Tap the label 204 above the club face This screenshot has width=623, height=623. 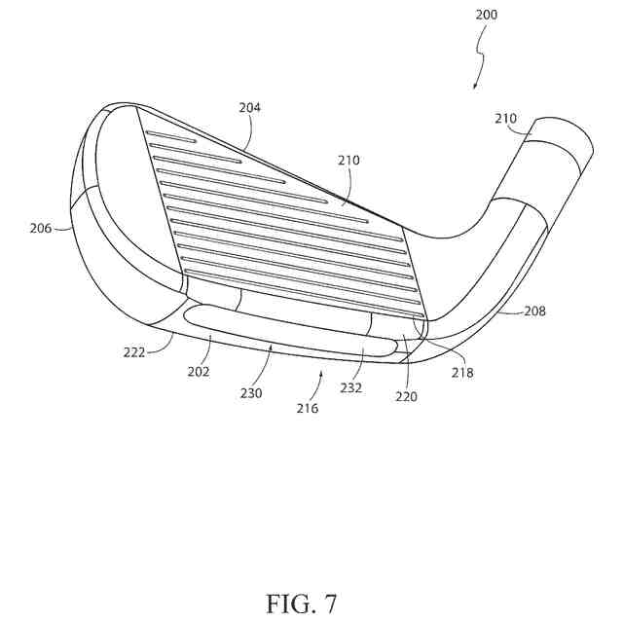pos(249,108)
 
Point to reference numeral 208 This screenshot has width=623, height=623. pos(533,312)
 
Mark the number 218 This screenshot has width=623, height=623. pos(462,373)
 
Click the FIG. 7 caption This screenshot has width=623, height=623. pos(301,603)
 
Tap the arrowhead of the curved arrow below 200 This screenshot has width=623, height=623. pos(474,88)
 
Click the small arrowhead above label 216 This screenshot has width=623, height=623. pos(322,371)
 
